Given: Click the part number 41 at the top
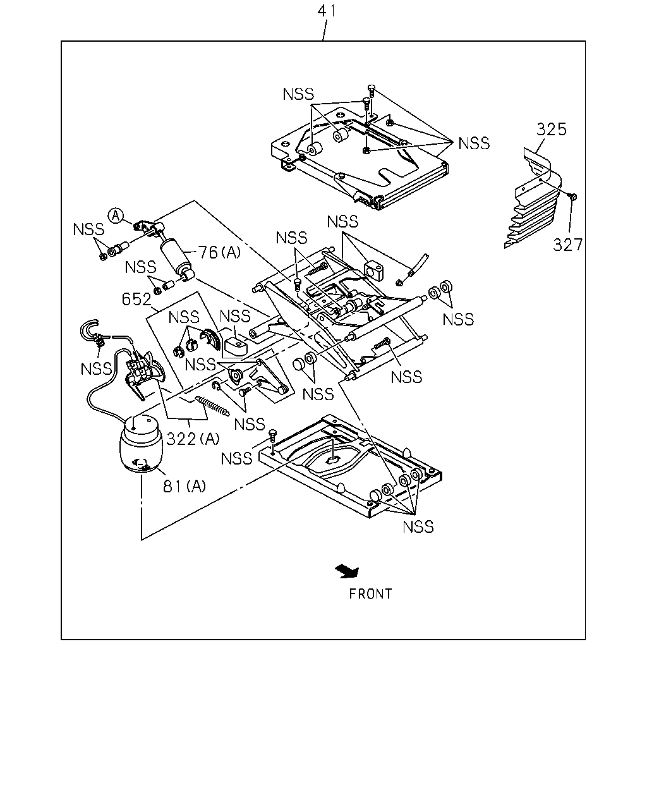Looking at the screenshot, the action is [x=326, y=11].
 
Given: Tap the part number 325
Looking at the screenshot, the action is [x=551, y=130].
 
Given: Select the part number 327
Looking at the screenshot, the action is [x=567, y=245].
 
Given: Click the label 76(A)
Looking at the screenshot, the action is [x=219, y=252].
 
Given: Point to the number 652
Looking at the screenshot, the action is [x=136, y=299].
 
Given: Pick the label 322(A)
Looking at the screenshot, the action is [x=193, y=439].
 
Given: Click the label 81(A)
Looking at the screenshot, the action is [x=184, y=486].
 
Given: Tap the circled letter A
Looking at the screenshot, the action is [x=116, y=216].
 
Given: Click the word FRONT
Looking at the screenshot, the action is [x=370, y=594].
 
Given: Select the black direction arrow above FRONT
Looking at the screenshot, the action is [x=348, y=571].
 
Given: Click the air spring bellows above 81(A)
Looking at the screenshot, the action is [x=141, y=444].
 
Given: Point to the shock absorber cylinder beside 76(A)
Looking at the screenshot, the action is [x=176, y=257].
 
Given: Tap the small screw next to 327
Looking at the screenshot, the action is [x=573, y=196].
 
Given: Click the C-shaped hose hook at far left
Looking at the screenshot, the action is [x=89, y=331].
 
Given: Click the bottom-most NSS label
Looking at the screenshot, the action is [x=418, y=526].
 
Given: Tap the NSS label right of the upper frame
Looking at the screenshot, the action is [x=474, y=143].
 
